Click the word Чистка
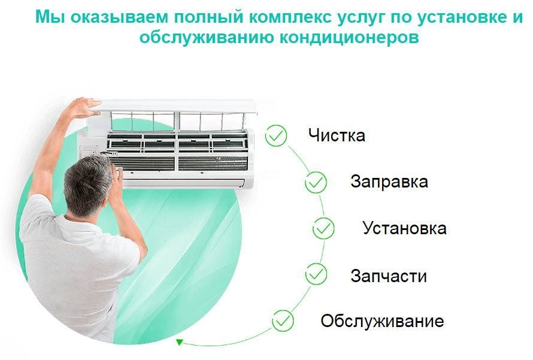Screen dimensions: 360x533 click(337, 135)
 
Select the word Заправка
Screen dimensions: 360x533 click(389, 181)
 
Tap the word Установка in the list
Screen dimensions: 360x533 click(404, 228)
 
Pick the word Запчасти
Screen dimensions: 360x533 click(389, 276)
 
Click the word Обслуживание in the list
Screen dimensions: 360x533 click(382, 321)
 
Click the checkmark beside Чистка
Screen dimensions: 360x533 click(277, 136)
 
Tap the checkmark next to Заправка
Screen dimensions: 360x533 click(316, 182)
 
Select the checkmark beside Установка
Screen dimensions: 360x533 click(323, 228)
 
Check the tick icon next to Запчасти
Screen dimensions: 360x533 click(316, 275)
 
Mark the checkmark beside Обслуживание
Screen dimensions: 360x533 click(283, 320)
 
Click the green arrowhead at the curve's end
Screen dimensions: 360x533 click(178, 342)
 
